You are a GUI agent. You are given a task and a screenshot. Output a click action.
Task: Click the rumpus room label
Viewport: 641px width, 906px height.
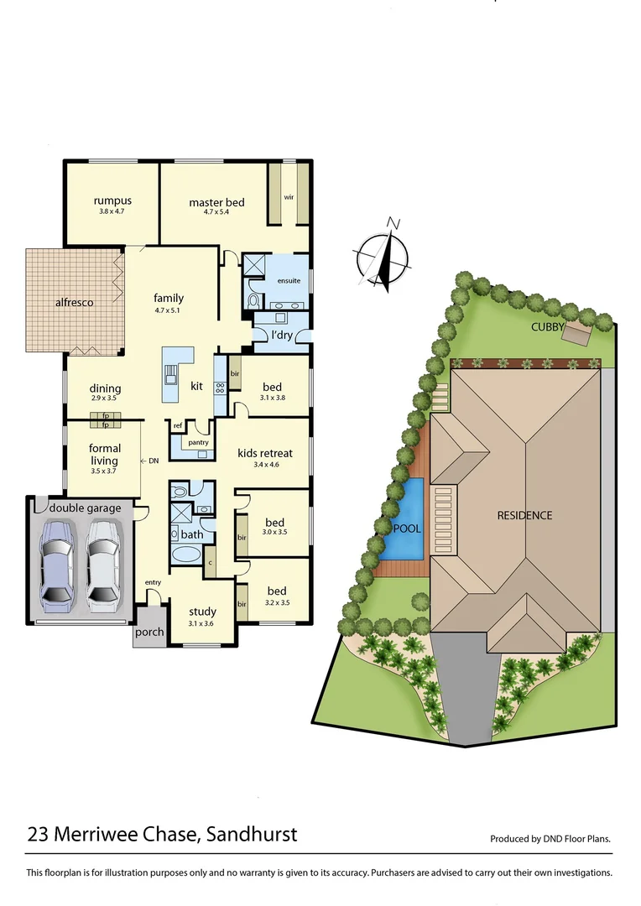112,201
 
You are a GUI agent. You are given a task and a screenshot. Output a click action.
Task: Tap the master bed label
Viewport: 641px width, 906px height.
216,203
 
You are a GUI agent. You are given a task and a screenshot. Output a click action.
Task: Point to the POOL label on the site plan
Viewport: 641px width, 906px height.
407,528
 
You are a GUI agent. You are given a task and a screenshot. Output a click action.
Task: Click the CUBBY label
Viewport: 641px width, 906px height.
547,327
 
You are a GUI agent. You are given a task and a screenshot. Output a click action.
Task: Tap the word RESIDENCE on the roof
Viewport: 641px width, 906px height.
524,515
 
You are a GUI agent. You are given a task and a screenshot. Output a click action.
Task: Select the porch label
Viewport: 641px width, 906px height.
150,633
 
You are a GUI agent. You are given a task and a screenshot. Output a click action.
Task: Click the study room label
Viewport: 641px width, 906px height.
202,612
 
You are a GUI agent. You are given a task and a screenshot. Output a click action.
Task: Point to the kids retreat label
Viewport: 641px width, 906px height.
265,454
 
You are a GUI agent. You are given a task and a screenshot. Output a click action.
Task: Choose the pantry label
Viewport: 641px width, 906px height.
198,442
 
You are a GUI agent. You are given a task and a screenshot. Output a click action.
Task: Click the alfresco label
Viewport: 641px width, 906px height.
74,302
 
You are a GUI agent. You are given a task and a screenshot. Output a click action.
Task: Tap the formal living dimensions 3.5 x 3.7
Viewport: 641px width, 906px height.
105,472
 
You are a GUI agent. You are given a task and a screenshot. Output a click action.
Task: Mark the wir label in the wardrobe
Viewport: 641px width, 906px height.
288,198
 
